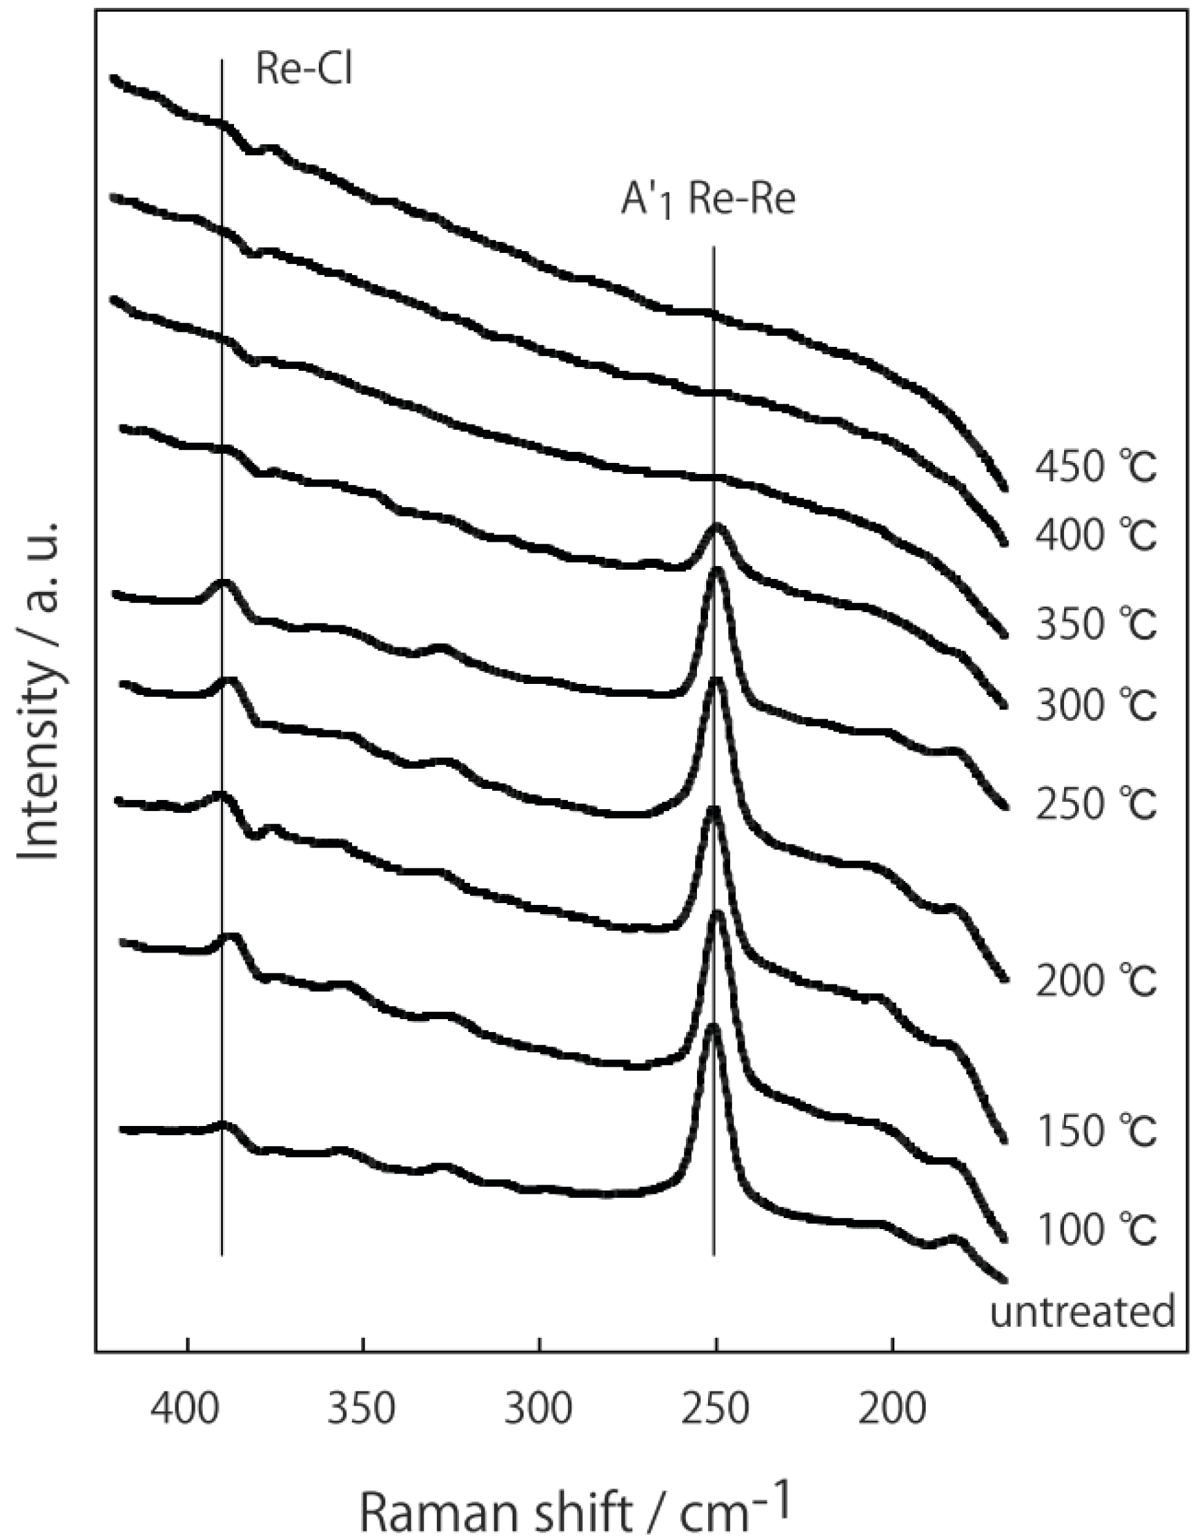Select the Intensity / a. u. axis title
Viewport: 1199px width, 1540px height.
pyautogui.click(x=38, y=692)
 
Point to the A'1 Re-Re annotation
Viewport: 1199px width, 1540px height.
pyautogui.click(x=707, y=201)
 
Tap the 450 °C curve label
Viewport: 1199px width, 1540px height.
pyautogui.click(x=1095, y=467)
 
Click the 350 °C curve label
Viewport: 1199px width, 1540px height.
pyautogui.click(x=1095, y=625)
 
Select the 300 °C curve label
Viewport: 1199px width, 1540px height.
pyautogui.click(x=1095, y=705)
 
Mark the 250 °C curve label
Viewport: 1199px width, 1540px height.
pyautogui.click(x=1095, y=805)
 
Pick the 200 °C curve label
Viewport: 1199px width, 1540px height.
pyautogui.click(x=1095, y=981)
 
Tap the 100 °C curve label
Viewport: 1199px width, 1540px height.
pyautogui.click(x=1095, y=1231)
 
